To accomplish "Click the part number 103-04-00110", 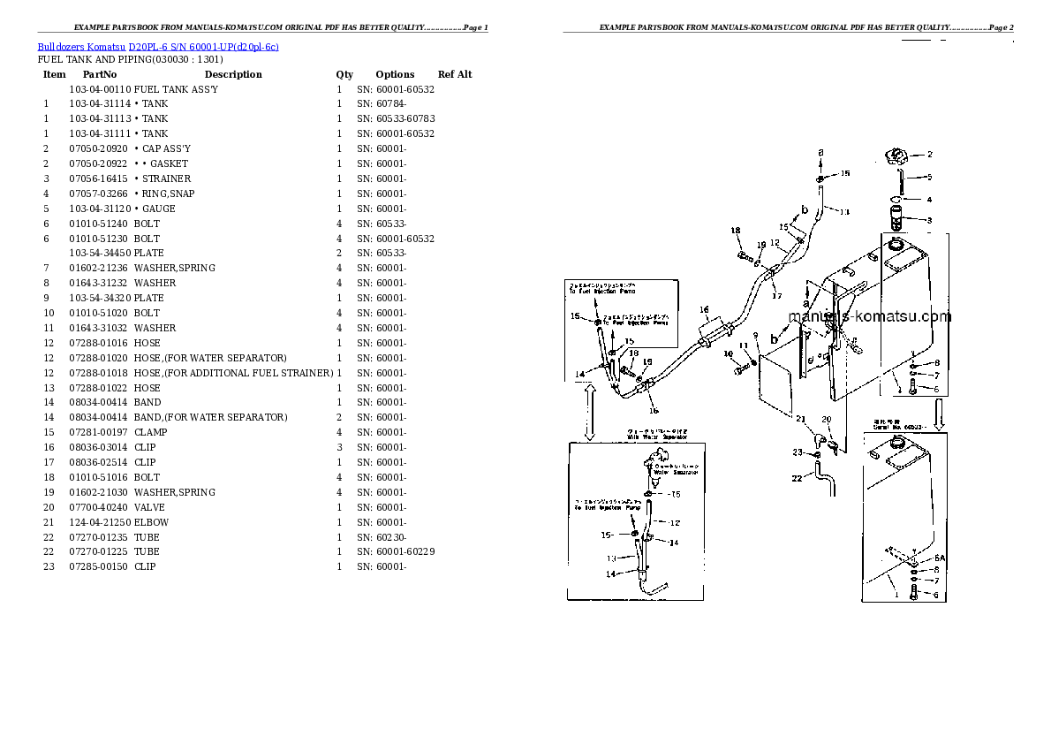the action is tap(100, 89).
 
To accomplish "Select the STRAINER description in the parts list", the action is tap(168, 178).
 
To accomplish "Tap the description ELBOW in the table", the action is tap(151, 522).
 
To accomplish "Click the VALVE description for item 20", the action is tap(149, 507).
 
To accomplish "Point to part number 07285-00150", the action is tap(100, 566).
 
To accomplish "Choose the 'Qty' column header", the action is tap(344, 74).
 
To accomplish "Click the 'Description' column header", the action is tap(233, 74).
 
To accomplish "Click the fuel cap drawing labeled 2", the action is tap(894, 158).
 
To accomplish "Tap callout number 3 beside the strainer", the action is tap(928, 220).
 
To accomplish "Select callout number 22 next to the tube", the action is tap(797, 478).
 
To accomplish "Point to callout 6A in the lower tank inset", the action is tap(940, 558).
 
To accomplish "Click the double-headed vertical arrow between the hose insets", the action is tap(589, 412).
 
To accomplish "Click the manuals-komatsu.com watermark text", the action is tap(869, 316).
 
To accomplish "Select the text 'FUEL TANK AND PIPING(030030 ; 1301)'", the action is tap(130, 59).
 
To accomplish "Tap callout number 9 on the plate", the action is tap(755, 335).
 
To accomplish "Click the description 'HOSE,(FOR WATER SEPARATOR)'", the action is tap(210, 358).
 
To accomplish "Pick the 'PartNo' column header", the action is tap(100, 74).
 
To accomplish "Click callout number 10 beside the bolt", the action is tap(728, 354).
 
